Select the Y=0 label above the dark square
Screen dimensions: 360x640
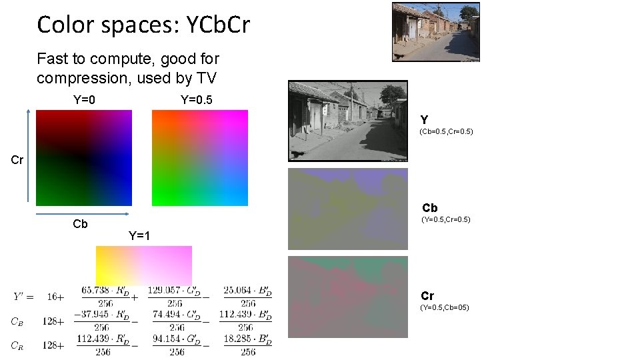pyautogui.click(x=84, y=100)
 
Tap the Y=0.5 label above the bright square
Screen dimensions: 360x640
pyautogui.click(x=197, y=100)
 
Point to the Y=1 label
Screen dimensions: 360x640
pyautogui.click(x=139, y=235)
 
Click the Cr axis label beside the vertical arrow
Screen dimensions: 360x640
pyautogui.click(x=17, y=160)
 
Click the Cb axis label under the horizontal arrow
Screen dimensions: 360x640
pyautogui.click(x=80, y=224)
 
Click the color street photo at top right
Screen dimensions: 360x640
pyautogui.click(x=435, y=33)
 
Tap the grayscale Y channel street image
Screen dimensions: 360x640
pyautogui.click(x=347, y=121)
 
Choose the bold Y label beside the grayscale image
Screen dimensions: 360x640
pyautogui.click(x=424, y=120)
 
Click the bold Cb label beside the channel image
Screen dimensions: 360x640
pyautogui.click(x=430, y=208)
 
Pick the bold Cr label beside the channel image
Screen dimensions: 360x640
pyautogui.click(x=427, y=295)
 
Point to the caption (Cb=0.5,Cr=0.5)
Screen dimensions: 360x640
pyautogui.click(x=446, y=132)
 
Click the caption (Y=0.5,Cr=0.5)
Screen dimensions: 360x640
pyautogui.click(x=446, y=220)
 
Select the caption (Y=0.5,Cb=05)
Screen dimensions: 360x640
pyautogui.click(x=445, y=307)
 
